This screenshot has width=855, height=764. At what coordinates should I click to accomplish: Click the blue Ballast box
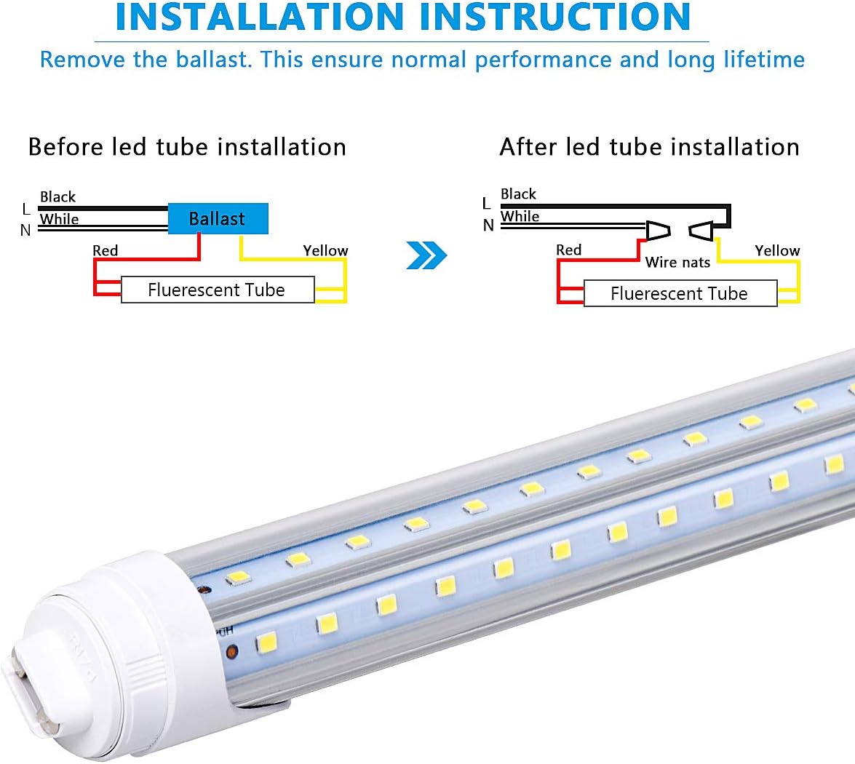click(218, 218)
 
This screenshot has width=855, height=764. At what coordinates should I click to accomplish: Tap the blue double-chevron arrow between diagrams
click(426, 255)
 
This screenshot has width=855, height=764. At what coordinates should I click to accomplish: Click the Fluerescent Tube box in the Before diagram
click(217, 290)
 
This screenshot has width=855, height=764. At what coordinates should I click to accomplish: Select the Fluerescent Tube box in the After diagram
click(680, 293)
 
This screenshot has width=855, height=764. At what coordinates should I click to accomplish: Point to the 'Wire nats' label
click(677, 262)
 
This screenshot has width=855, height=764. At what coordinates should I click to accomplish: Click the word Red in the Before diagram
click(105, 251)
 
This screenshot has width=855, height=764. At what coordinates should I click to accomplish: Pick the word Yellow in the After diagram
click(777, 251)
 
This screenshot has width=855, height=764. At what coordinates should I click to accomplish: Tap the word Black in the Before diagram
click(57, 197)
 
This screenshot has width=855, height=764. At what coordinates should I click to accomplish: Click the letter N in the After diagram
click(488, 226)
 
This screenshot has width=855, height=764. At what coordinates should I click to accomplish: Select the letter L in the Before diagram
click(26, 210)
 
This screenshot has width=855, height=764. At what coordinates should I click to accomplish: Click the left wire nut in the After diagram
click(658, 231)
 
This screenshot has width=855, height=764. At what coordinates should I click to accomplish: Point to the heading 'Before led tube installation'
click(187, 147)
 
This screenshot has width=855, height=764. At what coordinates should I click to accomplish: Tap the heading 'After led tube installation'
click(649, 147)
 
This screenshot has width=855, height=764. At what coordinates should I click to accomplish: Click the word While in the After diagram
click(520, 216)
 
